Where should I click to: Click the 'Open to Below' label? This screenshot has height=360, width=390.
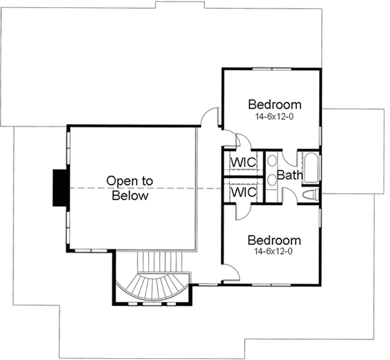pyautogui.click(x=129, y=188)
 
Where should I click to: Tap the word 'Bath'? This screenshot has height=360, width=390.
pyautogui.click(x=290, y=175)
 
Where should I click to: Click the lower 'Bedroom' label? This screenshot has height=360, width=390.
pyautogui.click(x=274, y=240)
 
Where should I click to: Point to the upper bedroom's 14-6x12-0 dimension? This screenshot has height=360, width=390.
pyautogui.click(x=274, y=116)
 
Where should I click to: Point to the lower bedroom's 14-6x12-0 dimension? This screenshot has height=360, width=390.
pyautogui.click(x=274, y=251)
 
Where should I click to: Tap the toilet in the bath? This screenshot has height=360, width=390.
pyautogui.click(x=311, y=195)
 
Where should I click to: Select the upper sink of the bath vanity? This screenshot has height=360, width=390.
pyautogui.click(x=272, y=161)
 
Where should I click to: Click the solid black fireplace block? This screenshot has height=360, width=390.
pyautogui.click(x=59, y=187)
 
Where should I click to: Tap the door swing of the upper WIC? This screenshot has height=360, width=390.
pyautogui.click(x=243, y=142)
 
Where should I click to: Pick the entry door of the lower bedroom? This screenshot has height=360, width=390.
pyautogui.click(x=229, y=271)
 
